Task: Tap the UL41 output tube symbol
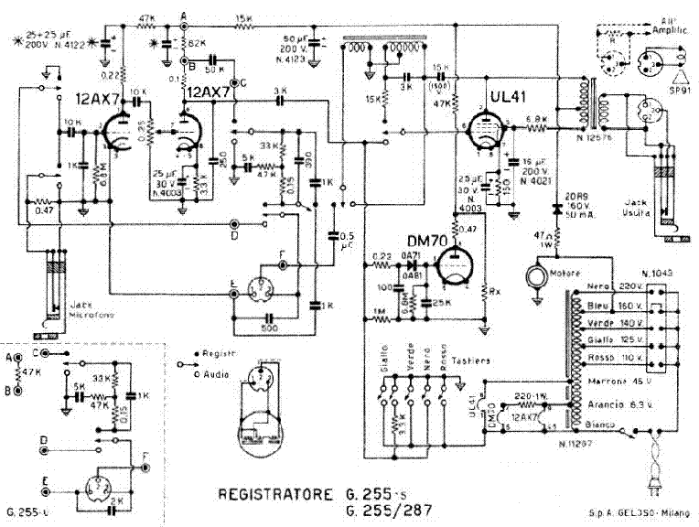[484, 133]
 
